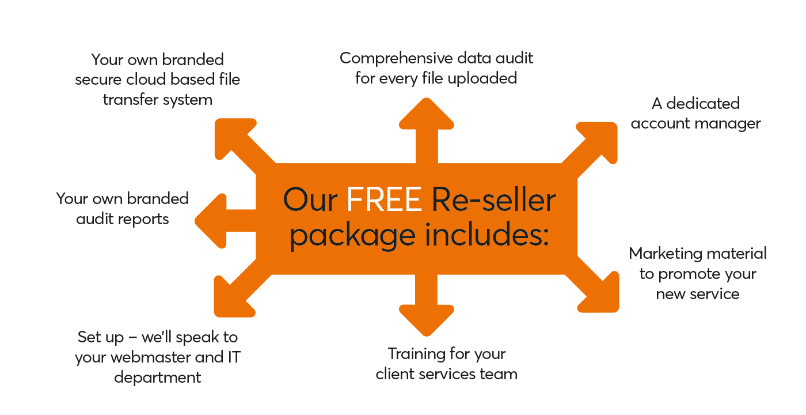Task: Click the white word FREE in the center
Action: pyautogui.click(x=384, y=199)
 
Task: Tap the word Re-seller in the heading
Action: pyautogui.click(x=493, y=199)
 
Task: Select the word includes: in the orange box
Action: pyautogui.click(x=482, y=235)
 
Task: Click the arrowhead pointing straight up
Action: pyautogui.click(x=426, y=115)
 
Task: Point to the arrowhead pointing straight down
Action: pyautogui.click(x=426, y=320)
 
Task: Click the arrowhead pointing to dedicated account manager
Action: pyautogui.click(x=599, y=139)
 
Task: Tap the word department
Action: pyautogui.click(x=158, y=378)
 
